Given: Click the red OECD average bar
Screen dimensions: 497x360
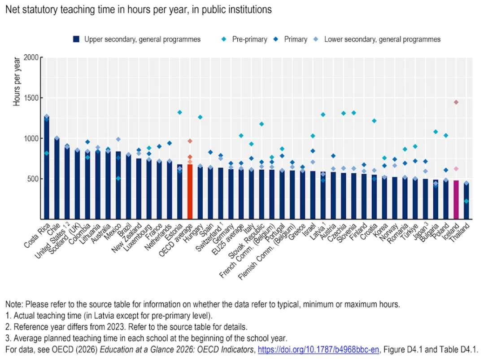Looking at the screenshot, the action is [x=190, y=192].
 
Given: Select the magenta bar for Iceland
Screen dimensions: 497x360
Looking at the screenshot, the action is [x=456, y=199].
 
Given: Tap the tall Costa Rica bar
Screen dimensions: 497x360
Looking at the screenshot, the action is [x=47, y=168].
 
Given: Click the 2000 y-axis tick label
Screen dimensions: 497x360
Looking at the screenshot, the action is [x=31, y=57].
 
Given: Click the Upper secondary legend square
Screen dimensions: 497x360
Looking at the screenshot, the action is [x=76, y=39].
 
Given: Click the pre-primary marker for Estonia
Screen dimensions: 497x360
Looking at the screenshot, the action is [x=180, y=112].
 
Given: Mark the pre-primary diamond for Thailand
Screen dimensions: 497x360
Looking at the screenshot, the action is [x=466, y=201].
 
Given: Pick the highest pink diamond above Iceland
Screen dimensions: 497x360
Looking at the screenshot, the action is [x=456, y=102].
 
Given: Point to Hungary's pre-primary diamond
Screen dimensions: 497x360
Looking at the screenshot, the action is [x=200, y=117].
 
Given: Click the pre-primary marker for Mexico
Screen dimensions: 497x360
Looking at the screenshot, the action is [x=118, y=179].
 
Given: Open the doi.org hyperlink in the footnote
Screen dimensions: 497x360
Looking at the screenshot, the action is [x=318, y=350].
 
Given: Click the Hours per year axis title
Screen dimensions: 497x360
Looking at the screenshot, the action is [x=17, y=82].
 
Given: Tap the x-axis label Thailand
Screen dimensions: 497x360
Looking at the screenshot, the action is [x=460, y=233].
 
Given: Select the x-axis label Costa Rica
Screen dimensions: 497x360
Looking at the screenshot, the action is [x=37, y=235].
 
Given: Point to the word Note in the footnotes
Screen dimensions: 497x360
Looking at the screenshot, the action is [x=14, y=304].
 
